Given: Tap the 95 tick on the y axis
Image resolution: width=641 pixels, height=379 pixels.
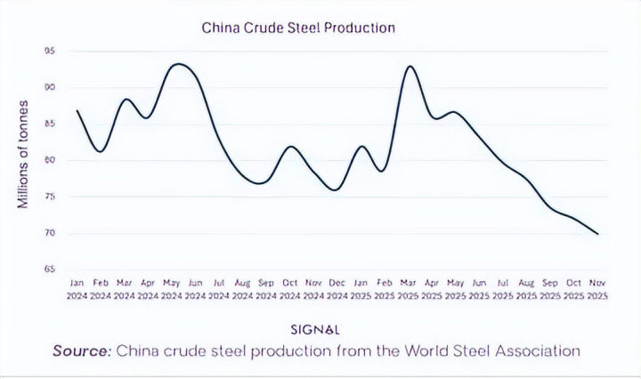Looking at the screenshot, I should pyautogui.click(x=51, y=51).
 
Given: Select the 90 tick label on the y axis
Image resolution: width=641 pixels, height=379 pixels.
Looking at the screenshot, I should pyautogui.click(x=51, y=87).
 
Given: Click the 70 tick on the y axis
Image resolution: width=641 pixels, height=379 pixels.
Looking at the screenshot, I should pyautogui.click(x=51, y=233).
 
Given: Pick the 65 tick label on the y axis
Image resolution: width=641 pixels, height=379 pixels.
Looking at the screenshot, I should pyautogui.click(x=51, y=269).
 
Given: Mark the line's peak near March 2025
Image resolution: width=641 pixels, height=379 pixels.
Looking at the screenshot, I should pyautogui.click(x=410, y=66).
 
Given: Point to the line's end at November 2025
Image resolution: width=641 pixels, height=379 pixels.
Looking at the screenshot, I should pyautogui.click(x=597, y=234).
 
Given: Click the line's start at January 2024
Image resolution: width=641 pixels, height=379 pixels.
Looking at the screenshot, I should pyautogui.click(x=77, y=110).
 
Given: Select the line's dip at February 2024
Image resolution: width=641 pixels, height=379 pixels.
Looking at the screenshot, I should pyautogui.click(x=101, y=151).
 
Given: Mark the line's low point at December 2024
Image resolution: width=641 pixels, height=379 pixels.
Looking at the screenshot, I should pyautogui.click(x=336, y=189).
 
